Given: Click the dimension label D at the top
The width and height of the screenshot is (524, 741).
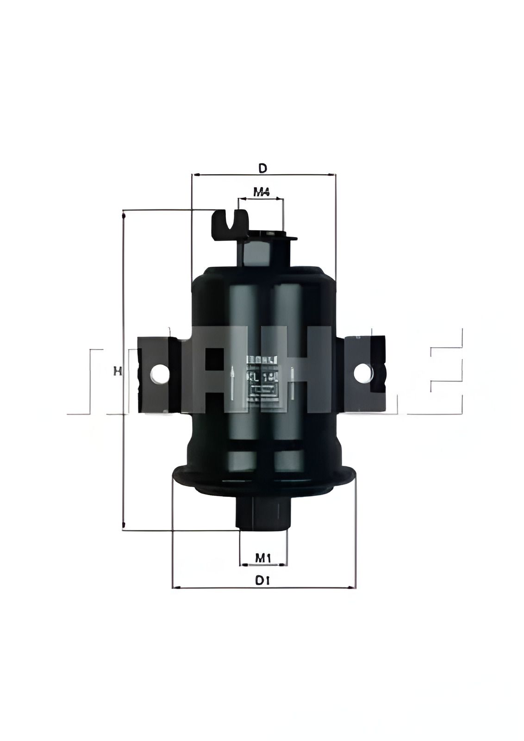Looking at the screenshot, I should pos(262,168).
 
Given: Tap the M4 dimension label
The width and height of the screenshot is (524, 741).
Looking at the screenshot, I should pos(262,191).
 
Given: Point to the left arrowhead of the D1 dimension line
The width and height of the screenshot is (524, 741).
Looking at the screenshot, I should pos(175,588).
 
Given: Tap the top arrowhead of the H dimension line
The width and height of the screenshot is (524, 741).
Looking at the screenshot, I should pos(124,215).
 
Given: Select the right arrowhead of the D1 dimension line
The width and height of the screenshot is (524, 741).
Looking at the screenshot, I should pos(354,588).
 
